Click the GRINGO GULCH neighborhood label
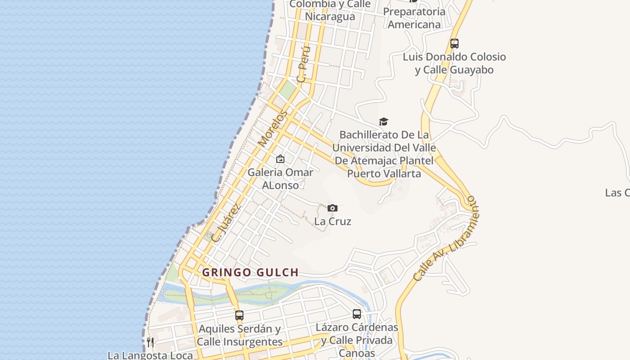(250, 272)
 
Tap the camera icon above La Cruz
(333, 208)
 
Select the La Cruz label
(333, 221)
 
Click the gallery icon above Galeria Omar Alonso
(280, 159)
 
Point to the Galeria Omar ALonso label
(280, 179)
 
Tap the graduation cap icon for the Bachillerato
(383, 121)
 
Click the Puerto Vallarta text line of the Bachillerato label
(384, 173)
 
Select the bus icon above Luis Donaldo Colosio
(454, 44)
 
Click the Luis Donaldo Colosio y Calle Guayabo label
(454, 63)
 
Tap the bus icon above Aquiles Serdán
(239, 315)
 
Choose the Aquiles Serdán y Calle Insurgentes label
(240, 335)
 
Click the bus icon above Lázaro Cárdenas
(357, 314)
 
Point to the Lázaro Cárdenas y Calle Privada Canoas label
(357, 340)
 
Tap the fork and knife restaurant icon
(150, 342)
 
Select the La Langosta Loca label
(150, 355)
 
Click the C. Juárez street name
(226, 223)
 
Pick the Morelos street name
(273, 129)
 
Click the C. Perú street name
(304, 64)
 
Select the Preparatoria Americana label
(414, 18)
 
